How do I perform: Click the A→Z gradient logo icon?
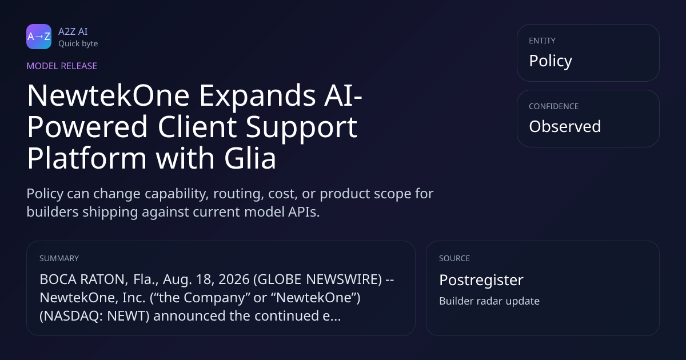[x=39, y=37]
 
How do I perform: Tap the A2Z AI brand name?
[x=73, y=31]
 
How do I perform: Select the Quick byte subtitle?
[x=78, y=44]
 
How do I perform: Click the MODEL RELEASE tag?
[x=62, y=66]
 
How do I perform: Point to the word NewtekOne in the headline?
[x=108, y=95]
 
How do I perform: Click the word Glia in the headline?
[x=250, y=158]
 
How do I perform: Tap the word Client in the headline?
[x=197, y=126]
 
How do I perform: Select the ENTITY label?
[x=542, y=41]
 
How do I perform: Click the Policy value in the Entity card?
[x=551, y=61]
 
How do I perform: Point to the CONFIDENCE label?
[x=554, y=106]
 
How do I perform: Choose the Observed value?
[x=565, y=126]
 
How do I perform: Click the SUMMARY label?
[x=59, y=258]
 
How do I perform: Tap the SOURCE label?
[x=454, y=258]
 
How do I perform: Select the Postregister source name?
[x=481, y=280]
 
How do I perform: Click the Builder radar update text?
[x=489, y=301]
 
